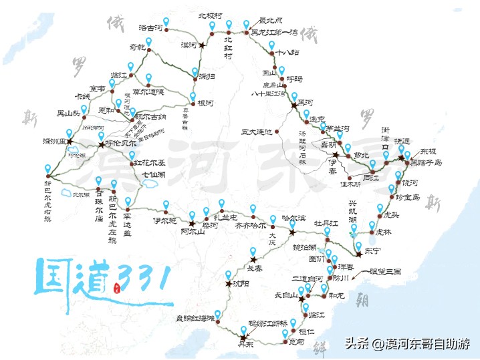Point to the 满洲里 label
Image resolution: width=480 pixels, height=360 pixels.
54,142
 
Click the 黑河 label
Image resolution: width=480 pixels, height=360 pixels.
304,102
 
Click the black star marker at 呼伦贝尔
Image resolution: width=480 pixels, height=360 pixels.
102,144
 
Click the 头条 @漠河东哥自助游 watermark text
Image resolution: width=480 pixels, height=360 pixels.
407,344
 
